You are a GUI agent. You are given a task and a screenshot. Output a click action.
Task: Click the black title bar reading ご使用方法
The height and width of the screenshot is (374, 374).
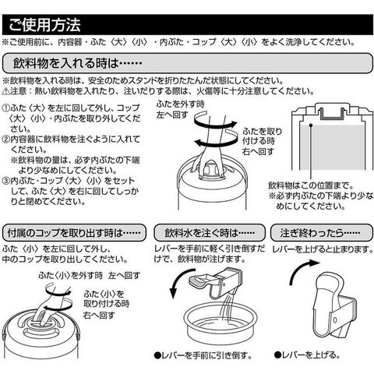pyautogui.click(x=188, y=25)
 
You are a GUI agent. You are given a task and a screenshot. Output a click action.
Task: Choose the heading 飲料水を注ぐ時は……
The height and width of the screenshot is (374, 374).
pyautogui.click(x=210, y=233)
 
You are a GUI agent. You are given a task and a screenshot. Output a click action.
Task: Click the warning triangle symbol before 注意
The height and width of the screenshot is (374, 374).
pyautogui.click(x=6, y=91)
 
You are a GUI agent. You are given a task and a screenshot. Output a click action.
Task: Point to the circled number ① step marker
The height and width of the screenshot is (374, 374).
pyautogui.click(x=6, y=108)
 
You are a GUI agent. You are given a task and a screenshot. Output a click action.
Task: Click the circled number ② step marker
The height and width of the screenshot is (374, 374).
pyautogui.click(x=6, y=139)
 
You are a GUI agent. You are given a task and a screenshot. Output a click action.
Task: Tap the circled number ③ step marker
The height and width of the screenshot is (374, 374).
pyautogui.click(x=6, y=181)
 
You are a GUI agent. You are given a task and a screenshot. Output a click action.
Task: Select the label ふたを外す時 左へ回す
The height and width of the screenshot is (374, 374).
pyautogui.click(x=180, y=109)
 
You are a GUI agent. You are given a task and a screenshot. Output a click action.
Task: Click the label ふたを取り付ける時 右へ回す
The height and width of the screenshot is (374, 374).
pyautogui.click(x=262, y=141)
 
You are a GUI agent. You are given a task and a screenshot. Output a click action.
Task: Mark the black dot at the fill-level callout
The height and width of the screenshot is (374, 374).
pyautogui.click(x=311, y=125)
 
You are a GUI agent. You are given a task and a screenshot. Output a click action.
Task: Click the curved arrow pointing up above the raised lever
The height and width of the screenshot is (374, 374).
pyautogui.click(x=298, y=269)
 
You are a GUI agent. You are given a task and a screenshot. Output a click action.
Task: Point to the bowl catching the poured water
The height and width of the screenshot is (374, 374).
pyautogui.click(x=221, y=323)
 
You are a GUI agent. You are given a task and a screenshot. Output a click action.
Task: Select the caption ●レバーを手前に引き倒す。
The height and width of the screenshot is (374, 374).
pyautogui.click(x=203, y=355)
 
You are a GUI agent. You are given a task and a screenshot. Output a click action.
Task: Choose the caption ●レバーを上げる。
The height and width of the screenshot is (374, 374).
pyautogui.click(x=307, y=355)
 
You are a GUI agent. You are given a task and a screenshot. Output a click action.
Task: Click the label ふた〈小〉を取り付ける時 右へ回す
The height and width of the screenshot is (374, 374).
pyautogui.click(x=106, y=305)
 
